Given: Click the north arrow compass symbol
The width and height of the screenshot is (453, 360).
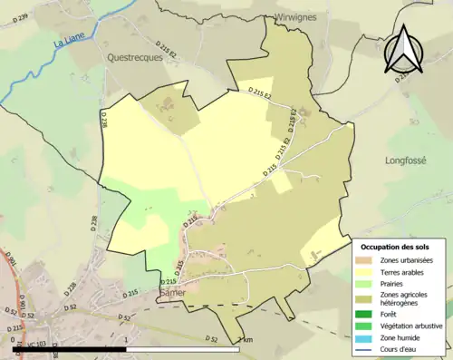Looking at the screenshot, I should click(406, 50).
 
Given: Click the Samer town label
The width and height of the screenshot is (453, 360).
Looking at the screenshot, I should click(171, 297).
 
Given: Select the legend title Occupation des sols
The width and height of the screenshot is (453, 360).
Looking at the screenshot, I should click(400, 247).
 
